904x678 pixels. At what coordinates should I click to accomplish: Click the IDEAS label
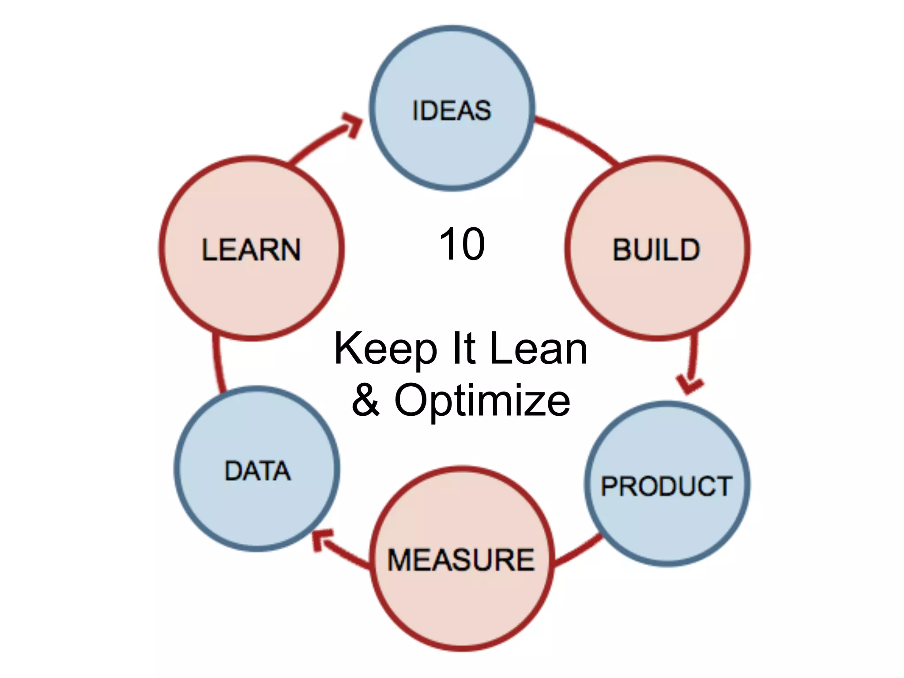tap(451, 110)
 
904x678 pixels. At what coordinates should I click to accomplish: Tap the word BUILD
tap(656, 250)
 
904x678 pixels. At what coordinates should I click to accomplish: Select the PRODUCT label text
tap(667, 486)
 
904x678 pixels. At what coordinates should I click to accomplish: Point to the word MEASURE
tap(461, 560)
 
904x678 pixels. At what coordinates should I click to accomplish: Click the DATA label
tap(258, 471)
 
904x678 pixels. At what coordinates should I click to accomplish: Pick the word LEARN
tap(251, 250)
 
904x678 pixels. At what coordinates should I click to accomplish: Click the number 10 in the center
tap(462, 244)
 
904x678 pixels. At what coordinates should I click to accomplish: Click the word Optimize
tap(482, 401)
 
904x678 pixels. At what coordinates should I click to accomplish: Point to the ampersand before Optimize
tap(365, 400)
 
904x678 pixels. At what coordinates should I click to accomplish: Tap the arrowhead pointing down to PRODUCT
tap(689, 384)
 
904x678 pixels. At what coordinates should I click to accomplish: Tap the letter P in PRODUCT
tap(609, 486)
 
